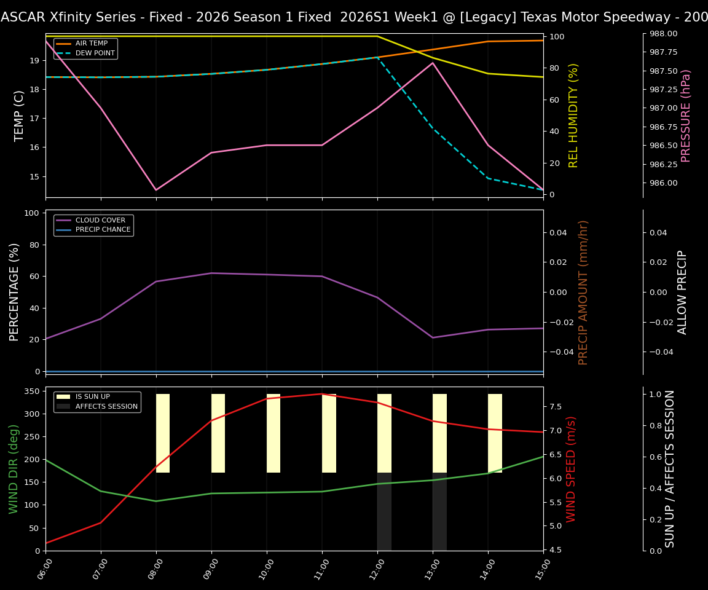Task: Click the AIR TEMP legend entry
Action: click(92, 44)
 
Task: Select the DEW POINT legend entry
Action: click(95, 53)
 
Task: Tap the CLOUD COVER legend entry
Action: click(100, 220)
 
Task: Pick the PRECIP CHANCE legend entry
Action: click(103, 230)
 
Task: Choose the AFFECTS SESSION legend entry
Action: click(106, 406)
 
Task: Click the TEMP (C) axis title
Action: click(19, 116)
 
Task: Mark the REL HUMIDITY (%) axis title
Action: click(573, 116)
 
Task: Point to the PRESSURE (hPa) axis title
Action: click(686, 116)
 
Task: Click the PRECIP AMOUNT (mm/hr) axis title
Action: click(583, 292)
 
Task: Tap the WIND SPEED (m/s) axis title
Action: click(571, 469)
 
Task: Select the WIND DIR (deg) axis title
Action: click(14, 469)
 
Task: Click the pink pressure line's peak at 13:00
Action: click(433, 63)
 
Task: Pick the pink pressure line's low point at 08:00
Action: click(156, 190)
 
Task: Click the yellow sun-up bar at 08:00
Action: click(163, 433)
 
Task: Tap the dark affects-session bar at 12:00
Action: click(384, 511)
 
